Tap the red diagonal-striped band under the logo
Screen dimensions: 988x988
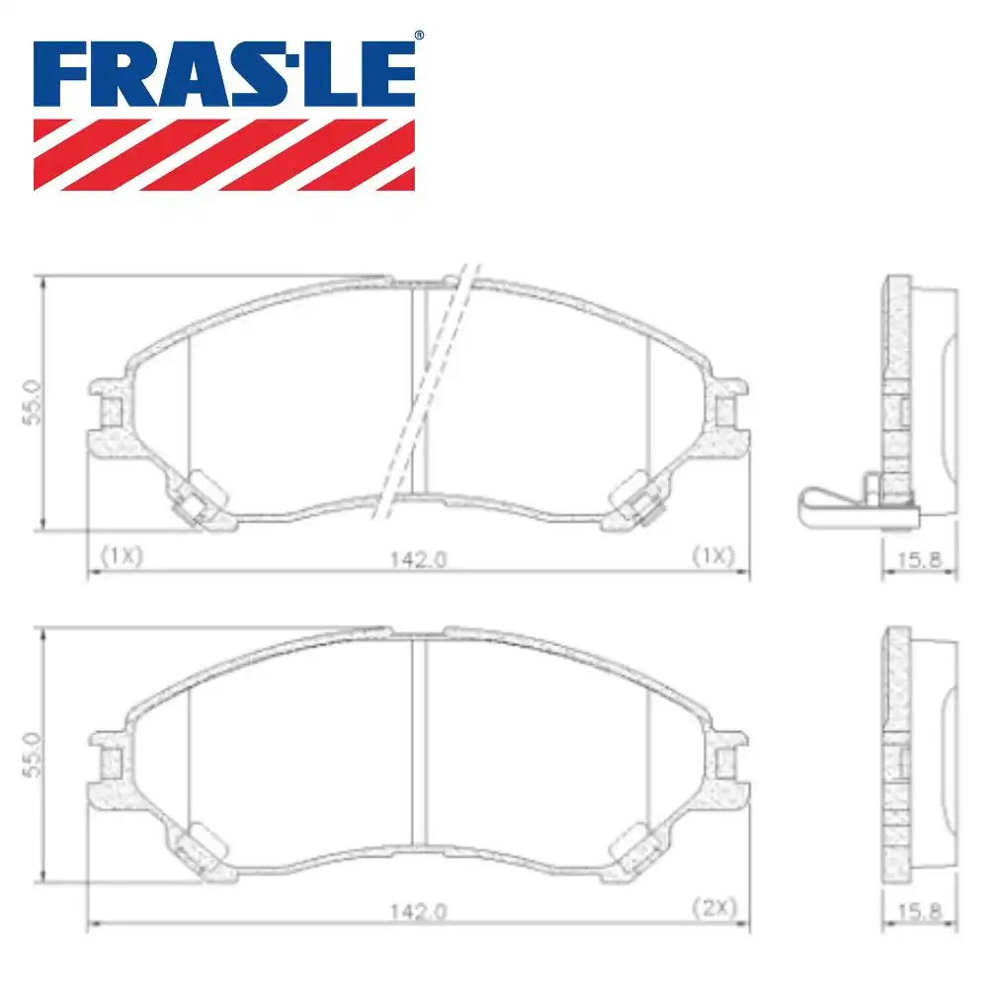(x=224, y=154)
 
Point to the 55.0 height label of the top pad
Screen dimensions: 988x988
(x=30, y=403)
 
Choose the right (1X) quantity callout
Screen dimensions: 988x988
(x=713, y=555)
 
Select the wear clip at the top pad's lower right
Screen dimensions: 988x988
(x=638, y=497)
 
